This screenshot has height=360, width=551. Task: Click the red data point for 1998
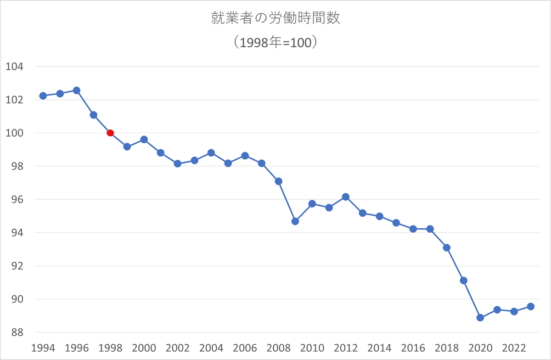[110, 133]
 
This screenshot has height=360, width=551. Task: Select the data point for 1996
[77, 90]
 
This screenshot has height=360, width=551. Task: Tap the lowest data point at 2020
[480, 318]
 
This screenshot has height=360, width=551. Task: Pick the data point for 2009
[295, 221]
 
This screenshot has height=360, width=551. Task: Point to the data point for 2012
[346, 197]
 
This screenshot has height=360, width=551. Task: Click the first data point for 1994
[43, 96]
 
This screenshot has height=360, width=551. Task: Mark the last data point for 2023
[531, 306]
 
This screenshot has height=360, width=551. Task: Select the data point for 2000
[144, 140]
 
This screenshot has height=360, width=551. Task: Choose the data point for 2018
[447, 247]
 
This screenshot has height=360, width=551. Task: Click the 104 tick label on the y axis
[14, 67]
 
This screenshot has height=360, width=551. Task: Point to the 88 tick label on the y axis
[17, 332]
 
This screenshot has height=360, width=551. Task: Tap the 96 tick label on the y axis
[17, 199]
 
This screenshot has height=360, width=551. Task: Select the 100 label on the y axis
[14, 133]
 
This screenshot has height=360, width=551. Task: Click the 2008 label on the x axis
[278, 348]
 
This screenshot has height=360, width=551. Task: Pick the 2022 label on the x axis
[514, 348]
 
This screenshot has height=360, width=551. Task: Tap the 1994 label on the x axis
[43, 348]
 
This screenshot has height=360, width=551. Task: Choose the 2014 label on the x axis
[379, 348]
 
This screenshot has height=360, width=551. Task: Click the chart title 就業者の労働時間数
[275, 18]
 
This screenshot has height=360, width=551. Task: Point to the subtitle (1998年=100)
[275, 42]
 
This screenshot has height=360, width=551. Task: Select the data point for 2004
[211, 153]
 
